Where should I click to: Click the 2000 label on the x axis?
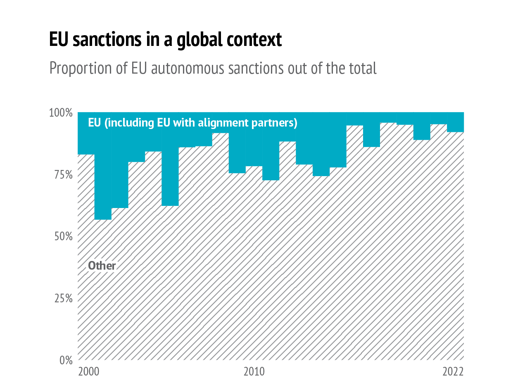point(88,371)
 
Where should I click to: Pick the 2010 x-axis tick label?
point(254,371)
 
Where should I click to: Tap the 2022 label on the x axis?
point(454,371)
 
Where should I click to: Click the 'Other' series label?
point(102,266)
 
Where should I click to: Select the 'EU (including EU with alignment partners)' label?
point(192,123)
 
